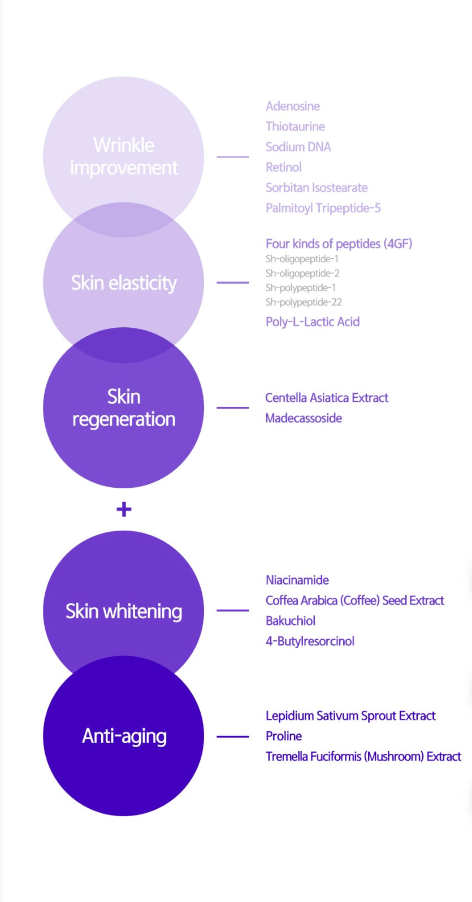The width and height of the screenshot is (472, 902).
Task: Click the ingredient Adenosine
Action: (293, 106)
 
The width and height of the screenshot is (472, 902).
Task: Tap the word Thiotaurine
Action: (295, 127)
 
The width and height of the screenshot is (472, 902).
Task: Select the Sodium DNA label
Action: (298, 147)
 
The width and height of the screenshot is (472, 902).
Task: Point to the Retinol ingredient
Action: (283, 167)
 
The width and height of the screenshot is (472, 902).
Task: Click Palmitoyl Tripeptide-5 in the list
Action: (323, 208)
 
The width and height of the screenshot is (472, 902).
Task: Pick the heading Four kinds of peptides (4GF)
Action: (339, 244)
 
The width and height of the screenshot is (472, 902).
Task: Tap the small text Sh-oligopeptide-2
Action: (302, 274)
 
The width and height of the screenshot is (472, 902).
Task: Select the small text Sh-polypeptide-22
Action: (304, 302)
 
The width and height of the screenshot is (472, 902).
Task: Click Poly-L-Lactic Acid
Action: (312, 322)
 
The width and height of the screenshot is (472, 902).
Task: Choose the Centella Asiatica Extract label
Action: (327, 398)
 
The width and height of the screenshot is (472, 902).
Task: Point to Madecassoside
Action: (304, 418)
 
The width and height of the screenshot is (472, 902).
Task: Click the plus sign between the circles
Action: (124, 509)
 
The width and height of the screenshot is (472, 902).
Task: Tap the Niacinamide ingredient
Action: (297, 580)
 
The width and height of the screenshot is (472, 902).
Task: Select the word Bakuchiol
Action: (290, 621)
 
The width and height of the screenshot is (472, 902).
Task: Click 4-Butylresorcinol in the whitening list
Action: (310, 641)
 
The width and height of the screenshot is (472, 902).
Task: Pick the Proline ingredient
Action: (283, 736)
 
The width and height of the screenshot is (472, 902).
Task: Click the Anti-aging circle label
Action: (124, 736)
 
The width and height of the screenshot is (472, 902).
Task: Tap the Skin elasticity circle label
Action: (124, 283)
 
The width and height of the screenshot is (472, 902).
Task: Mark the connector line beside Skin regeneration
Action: (232, 407)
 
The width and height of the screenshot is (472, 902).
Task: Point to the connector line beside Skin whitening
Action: (232, 610)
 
